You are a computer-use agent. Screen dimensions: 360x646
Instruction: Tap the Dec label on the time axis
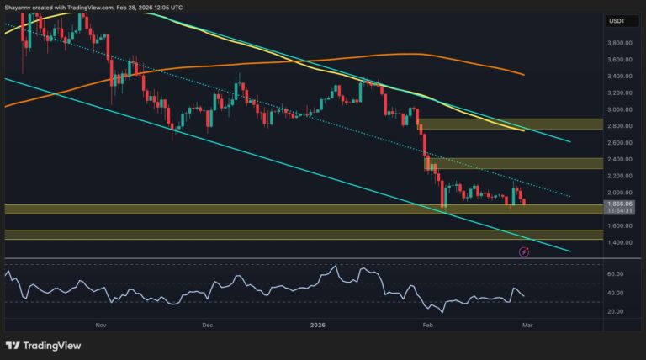(x=207, y=324)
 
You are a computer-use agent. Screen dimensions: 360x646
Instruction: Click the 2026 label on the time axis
(x=317, y=324)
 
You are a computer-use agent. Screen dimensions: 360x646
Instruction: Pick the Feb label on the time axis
(x=427, y=324)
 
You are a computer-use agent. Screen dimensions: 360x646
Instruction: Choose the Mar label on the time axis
(x=525, y=324)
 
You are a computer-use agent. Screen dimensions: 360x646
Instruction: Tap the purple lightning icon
(x=523, y=251)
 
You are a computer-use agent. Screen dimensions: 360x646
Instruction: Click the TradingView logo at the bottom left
(x=38, y=345)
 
